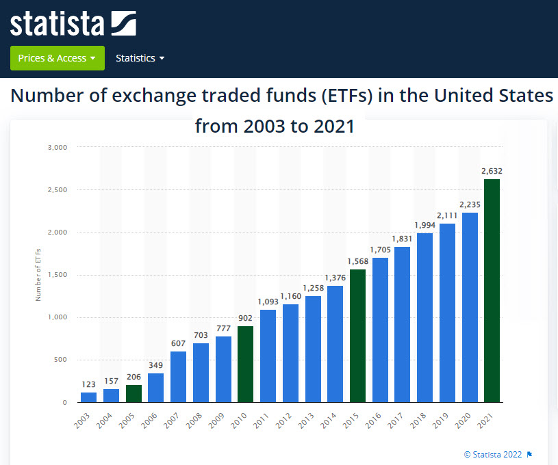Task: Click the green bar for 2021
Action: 492,291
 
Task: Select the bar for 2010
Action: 245,364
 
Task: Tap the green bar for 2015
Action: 357,336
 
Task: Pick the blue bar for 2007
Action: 178,377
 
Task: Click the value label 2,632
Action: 492,171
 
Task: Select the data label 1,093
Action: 268,302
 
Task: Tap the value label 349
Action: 155,365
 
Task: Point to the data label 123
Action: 88,384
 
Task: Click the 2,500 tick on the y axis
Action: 57,190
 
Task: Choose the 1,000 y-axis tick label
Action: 57,317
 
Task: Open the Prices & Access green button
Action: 57,58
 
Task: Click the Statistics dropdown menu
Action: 140,58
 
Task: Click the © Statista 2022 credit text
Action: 493,454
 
